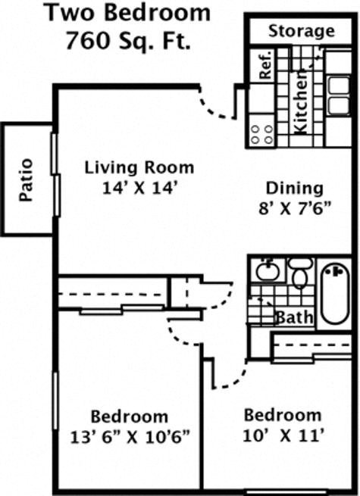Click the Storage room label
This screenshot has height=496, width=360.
click(301, 31)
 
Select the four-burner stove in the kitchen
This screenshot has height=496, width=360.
click(261, 134)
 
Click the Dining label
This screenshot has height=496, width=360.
click(294, 188)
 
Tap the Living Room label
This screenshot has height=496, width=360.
click(139, 167)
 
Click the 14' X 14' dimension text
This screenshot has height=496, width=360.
click(139, 188)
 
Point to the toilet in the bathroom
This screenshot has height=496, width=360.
click(301, 273)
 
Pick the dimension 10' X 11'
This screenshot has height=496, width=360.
click(283, 435)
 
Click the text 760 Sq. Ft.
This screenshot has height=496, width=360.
click(127, 41)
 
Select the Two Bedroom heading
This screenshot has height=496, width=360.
click(127, 13)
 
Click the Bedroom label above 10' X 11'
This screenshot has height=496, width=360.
click(282, 415)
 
